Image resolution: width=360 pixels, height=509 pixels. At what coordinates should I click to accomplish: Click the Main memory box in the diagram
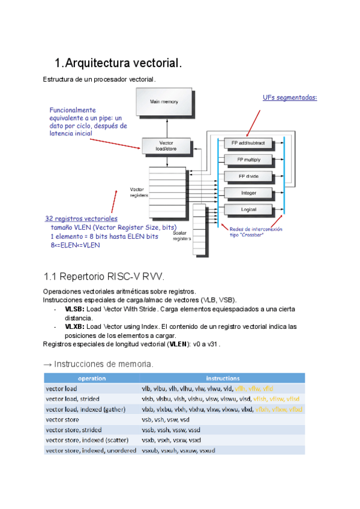[x=163, y=102]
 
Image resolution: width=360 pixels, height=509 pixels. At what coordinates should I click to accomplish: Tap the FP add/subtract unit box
[x=248, y=143]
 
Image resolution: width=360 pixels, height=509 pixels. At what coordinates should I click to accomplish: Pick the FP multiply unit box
[x=248, y=160]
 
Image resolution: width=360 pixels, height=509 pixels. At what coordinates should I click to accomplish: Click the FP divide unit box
[x=248, y=176]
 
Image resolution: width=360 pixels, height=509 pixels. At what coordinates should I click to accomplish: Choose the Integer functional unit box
[x=248, y=193]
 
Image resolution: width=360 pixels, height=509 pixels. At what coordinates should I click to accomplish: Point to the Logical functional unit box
[x=248, y=209]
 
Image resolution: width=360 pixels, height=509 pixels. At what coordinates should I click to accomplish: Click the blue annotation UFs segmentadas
[x=290, y=97]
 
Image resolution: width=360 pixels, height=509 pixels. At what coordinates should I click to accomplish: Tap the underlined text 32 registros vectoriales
[x=82, y=218]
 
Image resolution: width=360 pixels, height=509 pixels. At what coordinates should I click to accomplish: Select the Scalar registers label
[x=182, y=236]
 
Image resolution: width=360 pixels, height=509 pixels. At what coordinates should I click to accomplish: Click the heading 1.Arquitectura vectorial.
[x=118, y=63]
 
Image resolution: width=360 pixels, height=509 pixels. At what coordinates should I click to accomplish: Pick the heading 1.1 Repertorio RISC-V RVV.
[x=104, y=277]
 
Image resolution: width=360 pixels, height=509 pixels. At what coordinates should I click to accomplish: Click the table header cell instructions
[x=223, y=378]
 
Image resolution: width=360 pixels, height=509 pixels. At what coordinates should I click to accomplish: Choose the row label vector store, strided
[x=74, y=430]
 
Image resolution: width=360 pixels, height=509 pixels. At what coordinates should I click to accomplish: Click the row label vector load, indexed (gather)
[x=85, y=409]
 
